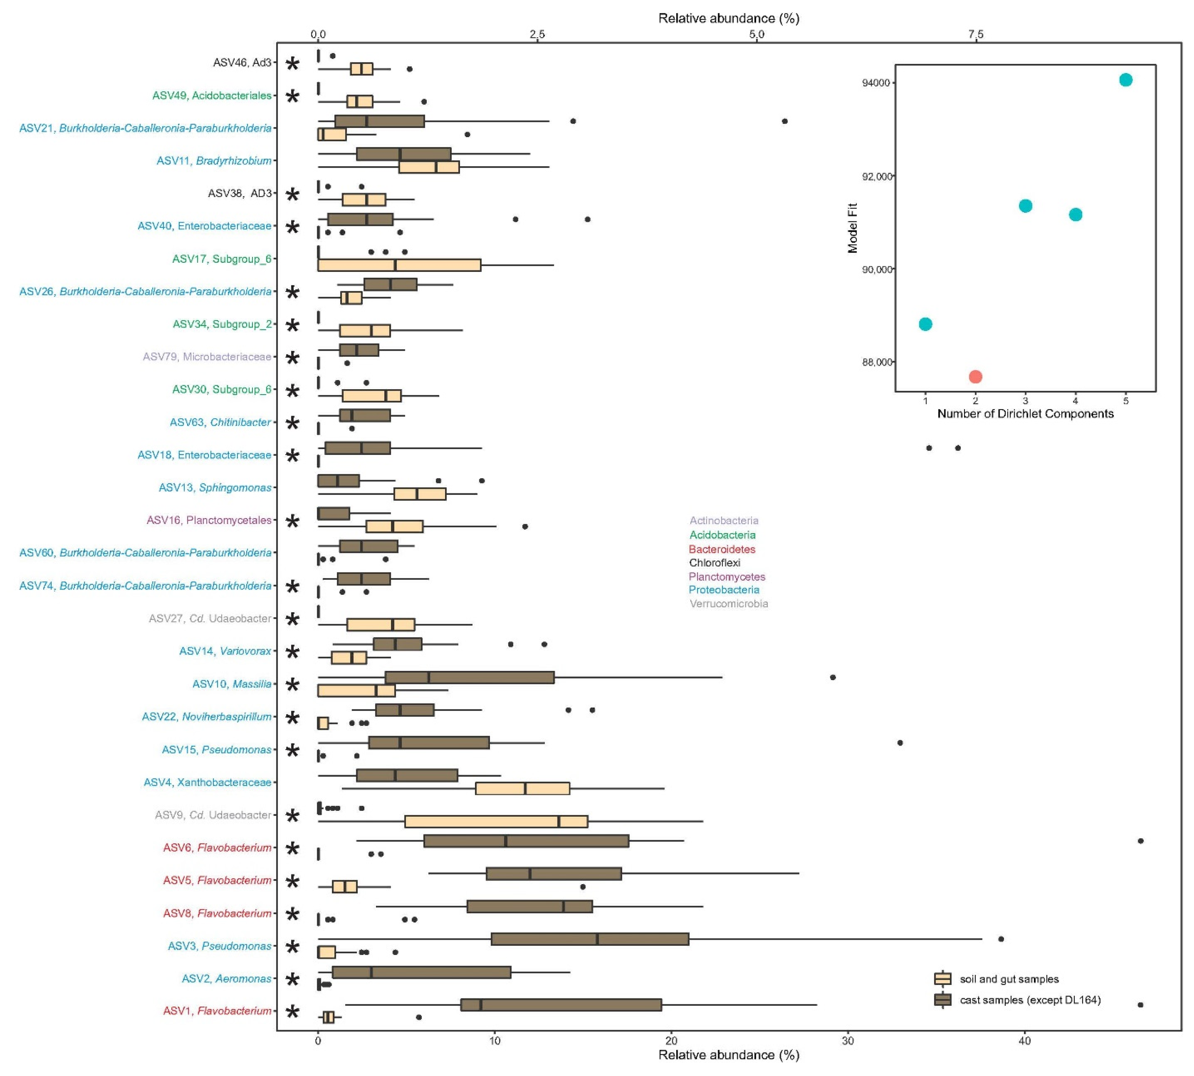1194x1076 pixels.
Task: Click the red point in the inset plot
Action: (975, 377)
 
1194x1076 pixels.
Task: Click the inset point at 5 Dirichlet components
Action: (1126, 80)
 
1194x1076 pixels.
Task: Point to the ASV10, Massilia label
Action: (232, 684)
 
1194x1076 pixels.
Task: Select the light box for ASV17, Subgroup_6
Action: (400, 265)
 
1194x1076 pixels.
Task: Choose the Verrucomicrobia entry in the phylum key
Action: (728, 604)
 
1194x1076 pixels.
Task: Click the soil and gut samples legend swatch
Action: (942, 979)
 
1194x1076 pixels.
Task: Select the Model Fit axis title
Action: (852, 228)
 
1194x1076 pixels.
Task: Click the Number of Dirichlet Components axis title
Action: (1025, 414)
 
